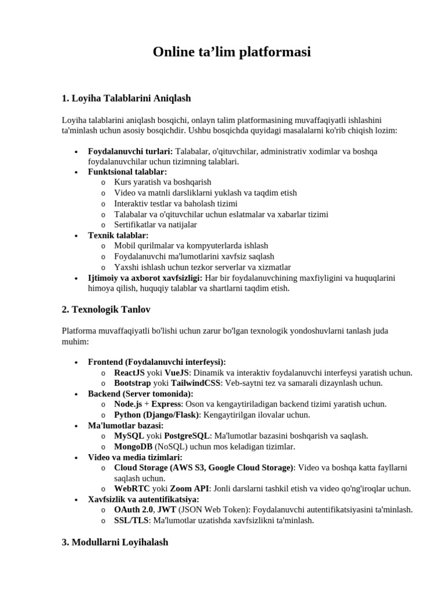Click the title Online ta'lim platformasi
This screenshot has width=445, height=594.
(232, 52)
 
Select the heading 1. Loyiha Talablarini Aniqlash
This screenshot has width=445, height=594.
(126, 98)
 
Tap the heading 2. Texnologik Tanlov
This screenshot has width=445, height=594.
(106, 309)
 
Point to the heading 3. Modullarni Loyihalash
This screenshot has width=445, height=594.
(115, 542)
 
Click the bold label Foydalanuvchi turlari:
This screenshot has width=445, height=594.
(130, 151)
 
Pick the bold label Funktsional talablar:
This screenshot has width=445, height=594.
(127, 172)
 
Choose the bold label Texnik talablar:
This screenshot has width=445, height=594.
(118, 235)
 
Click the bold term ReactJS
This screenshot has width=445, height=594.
(129, 372)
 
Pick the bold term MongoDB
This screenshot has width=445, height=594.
(133, 446)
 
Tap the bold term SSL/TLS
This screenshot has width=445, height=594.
(131, 520)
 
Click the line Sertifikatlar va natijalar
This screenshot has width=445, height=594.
(155, 224)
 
